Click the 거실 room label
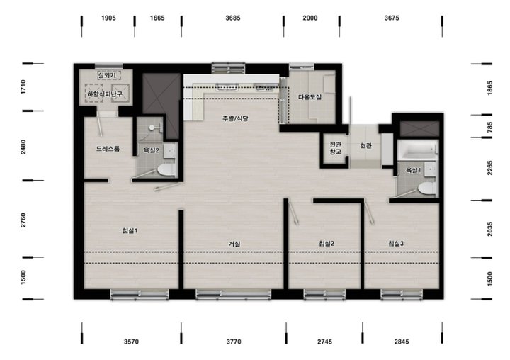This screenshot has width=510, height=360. pyautogui.click(x=234, y=244)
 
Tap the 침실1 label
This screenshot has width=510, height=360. pyautogui.click(x=130, y=231)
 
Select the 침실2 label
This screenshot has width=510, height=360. pyautogui.click(x=327, y=244)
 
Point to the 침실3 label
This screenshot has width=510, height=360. pyautogui.click(x=396, y=244)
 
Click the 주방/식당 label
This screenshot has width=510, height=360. pyautogui.click(x=235, y=118)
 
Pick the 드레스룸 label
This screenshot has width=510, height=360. pyautogui.click(x=108, y=149)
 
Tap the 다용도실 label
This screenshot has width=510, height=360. pyautogui.click(x=310, y=97)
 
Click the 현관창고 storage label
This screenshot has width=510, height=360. pyautogui.click(x=335, y=148)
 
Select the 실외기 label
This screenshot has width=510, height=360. pyautogui.click(x=107, y=75)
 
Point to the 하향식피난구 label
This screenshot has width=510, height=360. pyautogui.click(x=105, y=94)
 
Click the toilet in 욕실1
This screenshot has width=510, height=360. pyautogui.click(x=426, y=188)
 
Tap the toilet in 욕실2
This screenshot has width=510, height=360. pyautogui.click(x=166, y=170)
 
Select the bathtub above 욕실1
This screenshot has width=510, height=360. pyautogui.click(x=418, y=150)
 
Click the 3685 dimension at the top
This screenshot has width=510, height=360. pyautogui.click(x=233, y=18)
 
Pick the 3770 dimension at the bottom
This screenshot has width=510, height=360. pyautogui.click(x=234, y=342)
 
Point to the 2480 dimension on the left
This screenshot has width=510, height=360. pyautogui.click(x=23, y=147)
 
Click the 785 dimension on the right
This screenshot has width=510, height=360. pyautogui.click(x=490, y=127)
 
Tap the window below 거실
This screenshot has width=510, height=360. pyautogui.click(x=234, y=294)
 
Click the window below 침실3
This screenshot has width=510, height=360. pyautogui.click(x=402, y=294)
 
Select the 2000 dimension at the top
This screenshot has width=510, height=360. pyautogui.click(x=310, y=18)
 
